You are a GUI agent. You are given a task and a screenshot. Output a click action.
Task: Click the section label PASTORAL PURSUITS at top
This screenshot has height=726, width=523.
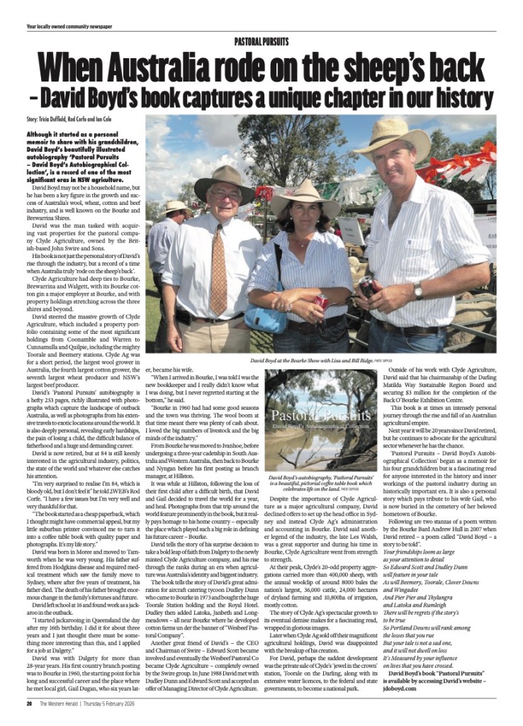pos(261,43)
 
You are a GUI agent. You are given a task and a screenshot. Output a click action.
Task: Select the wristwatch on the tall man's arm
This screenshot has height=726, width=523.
pos(418,291)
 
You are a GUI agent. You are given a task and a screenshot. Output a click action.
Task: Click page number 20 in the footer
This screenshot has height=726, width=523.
pos(30,704)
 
